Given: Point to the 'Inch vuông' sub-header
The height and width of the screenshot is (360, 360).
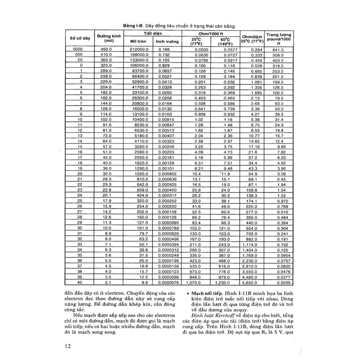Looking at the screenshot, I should click(167, 41).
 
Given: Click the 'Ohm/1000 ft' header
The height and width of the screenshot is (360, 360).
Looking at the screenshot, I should click(210, 33).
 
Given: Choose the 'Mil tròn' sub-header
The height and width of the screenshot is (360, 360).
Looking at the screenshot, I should click(138, 41).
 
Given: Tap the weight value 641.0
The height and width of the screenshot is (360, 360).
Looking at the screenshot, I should click(278, 50).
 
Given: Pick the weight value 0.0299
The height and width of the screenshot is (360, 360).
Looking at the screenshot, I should click(284, 282).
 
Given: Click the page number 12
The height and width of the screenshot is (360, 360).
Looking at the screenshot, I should click(67, 346).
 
